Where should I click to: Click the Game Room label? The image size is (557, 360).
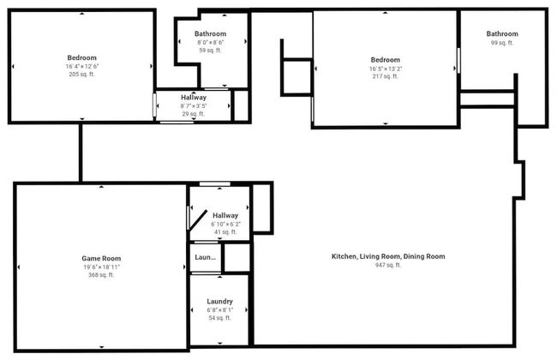point(100,258)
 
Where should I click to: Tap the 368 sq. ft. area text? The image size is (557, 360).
point(100,275)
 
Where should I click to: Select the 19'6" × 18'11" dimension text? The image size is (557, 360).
point(100,267)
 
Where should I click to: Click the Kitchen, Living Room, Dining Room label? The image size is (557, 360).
point(388,256)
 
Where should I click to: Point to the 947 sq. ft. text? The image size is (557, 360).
point(388,266)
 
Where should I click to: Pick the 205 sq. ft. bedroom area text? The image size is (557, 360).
point(81,75)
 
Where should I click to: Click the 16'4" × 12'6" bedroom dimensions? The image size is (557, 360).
point(81,66)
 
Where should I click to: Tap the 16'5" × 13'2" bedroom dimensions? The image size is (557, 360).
point(385,69)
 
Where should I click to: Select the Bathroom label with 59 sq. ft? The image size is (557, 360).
point(210,33)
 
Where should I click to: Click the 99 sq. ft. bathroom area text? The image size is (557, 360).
point(502,43)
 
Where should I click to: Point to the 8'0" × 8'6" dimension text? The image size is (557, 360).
point(210,42)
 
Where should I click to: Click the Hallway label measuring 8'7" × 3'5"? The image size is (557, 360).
point(193,97)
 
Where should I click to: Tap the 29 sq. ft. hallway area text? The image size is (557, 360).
point(193,114)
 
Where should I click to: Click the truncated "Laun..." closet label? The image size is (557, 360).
point(206,257)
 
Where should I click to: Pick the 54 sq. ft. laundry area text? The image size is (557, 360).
point(220,318)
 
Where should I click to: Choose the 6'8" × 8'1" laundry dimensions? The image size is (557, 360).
point(220,309)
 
